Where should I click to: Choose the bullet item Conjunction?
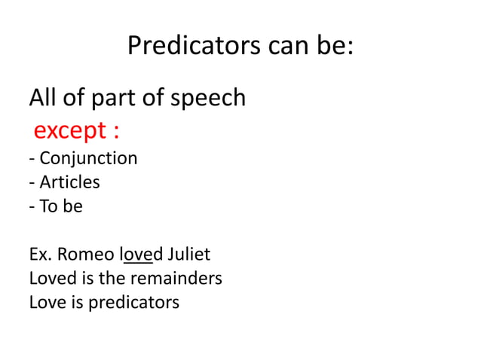coord(87,159)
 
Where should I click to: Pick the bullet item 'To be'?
coord(60,206)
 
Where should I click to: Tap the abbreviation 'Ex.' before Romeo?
coord(39,255)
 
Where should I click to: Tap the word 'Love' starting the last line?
coord(44,303)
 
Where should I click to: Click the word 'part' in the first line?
coord(111,98)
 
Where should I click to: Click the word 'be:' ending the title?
coord(336,47)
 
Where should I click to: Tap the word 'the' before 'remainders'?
coord(114,279)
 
